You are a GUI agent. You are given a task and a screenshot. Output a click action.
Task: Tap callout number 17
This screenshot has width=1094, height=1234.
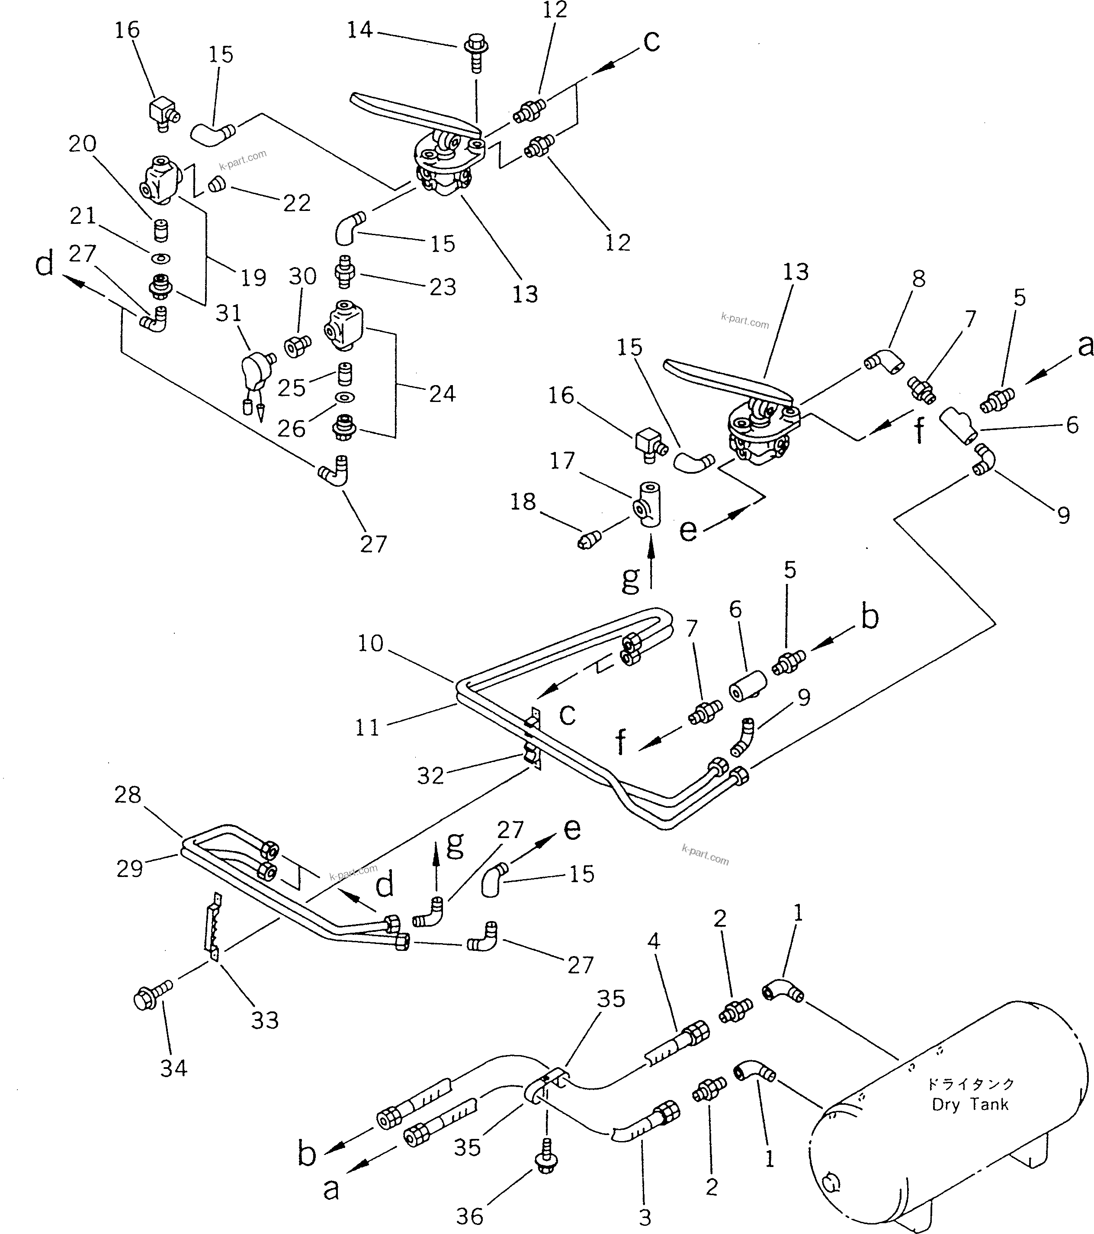[562, 461]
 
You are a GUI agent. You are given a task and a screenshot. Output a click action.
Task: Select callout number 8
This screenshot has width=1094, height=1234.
[918, 278]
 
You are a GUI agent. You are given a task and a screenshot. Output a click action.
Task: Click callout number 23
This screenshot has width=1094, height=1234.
[442, 286]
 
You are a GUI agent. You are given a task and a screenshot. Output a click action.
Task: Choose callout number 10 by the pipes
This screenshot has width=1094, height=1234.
[370, 643]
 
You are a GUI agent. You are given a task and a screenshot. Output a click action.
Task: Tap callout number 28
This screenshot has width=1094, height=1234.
[128, 795]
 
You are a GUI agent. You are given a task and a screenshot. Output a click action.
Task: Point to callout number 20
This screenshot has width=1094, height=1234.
[82, 143]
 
